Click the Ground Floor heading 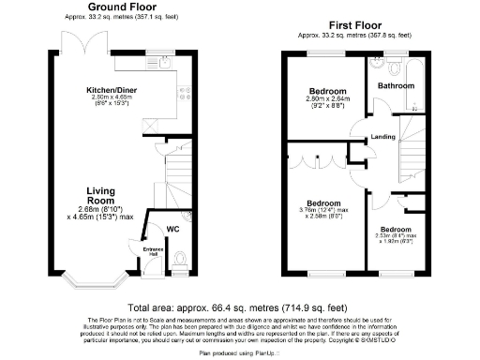(122, 7)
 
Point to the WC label (172, 228)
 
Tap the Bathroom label (396, 85)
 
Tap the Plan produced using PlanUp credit (239, 354)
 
